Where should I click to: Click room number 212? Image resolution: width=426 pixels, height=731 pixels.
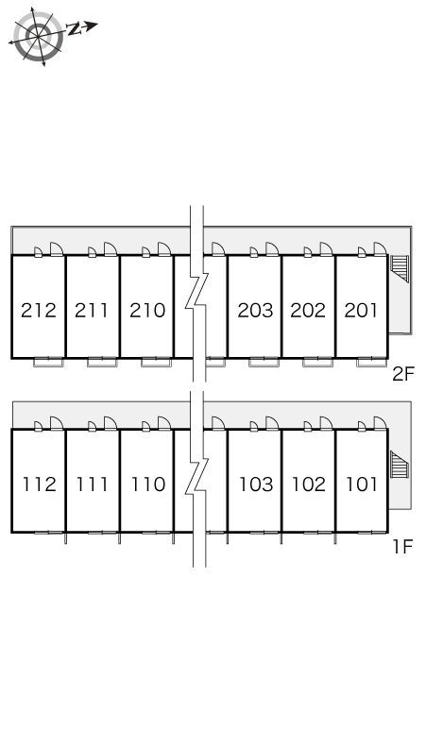click(39, 310)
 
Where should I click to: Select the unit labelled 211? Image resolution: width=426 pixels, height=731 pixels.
click(92, 310)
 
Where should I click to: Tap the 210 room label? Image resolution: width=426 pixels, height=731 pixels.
click(147, 310)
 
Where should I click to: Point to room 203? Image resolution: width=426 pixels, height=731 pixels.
click(255, 310)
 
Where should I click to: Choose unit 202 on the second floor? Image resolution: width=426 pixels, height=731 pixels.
click(308, 310)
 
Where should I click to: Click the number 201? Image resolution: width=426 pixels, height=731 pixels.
click(361, 310)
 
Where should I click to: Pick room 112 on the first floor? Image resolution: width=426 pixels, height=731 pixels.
click(40, 484)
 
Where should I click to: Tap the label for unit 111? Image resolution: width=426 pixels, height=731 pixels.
click(93, 484)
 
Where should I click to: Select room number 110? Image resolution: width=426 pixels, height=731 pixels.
click(148, 484)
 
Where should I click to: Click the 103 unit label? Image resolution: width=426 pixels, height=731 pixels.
click(256, 484)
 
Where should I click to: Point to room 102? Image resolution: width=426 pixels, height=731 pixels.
click(309, 484)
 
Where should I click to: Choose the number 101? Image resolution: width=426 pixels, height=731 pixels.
click(362, 484)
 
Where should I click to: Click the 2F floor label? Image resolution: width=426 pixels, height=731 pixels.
click(403, 374)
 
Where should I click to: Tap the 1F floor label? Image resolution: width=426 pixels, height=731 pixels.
click(403, 547)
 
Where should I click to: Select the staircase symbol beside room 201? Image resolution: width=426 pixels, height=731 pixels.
click(400, 269)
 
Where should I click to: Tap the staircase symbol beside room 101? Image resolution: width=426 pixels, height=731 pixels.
click(400, 465)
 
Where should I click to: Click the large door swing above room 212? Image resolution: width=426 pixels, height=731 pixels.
click(57, 249)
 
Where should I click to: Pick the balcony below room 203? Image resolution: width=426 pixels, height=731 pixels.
click(264, 363)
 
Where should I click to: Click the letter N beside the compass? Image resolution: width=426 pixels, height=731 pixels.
click(74, 29)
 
